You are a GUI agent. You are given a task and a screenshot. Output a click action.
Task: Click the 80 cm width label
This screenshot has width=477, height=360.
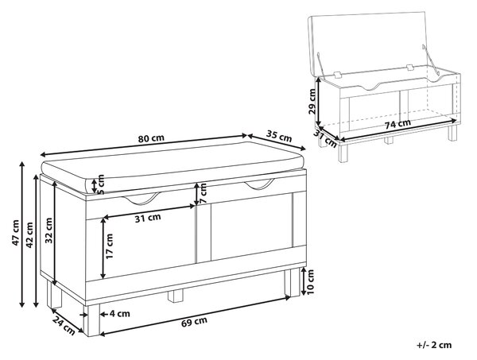(151, 138)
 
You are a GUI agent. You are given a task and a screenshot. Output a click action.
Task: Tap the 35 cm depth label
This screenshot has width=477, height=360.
(279, 136)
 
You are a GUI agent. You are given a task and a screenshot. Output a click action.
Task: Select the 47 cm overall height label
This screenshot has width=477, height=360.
(15, 233)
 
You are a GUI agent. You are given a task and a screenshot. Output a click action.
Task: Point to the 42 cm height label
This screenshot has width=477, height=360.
(29, 235)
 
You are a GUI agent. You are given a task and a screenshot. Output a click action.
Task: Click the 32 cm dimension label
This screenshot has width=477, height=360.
(48, 230)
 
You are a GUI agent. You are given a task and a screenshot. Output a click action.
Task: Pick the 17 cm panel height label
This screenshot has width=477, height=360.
(110, 246)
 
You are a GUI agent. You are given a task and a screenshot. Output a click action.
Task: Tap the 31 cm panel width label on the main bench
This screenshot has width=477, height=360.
(148, 218)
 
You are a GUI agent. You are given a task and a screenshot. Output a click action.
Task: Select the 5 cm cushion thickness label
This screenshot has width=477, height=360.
(101, 184)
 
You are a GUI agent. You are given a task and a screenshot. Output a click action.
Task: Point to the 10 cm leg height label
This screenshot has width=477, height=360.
(310, 282)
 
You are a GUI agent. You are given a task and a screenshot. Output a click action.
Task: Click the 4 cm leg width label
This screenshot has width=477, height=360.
(119, 313)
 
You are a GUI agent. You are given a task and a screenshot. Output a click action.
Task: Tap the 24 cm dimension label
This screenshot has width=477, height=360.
(64, 325)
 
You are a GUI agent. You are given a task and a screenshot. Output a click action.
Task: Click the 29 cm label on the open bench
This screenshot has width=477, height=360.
(312, 101)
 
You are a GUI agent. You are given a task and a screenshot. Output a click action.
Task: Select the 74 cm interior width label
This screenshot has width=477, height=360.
(398, 124)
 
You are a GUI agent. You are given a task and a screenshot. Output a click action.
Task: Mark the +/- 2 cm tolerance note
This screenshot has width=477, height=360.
(434, 345)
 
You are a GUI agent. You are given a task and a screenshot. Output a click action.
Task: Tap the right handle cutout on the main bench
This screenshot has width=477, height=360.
(259, 184)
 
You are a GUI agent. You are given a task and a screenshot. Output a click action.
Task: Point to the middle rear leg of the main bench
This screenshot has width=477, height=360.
(176, 295)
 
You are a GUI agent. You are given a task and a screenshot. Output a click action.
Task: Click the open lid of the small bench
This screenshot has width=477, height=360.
(370, 43)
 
